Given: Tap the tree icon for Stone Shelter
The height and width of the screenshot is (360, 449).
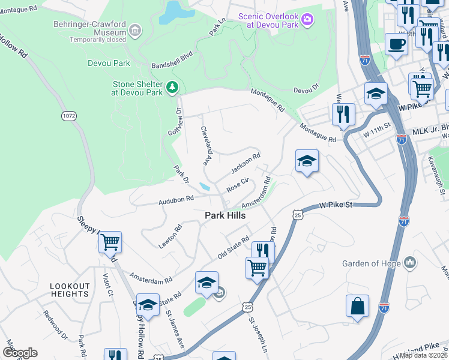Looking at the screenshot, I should (173, 88).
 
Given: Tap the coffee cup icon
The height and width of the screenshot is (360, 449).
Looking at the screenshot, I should (396, 44).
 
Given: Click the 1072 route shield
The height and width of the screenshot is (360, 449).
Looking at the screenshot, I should (67, 114).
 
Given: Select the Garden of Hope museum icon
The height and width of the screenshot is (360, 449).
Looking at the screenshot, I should (410, 263).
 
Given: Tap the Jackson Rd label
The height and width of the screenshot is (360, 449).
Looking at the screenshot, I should (245, 163).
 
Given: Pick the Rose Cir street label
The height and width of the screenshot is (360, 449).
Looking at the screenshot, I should (237, 184).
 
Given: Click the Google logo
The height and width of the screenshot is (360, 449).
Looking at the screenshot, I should (20, 352).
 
